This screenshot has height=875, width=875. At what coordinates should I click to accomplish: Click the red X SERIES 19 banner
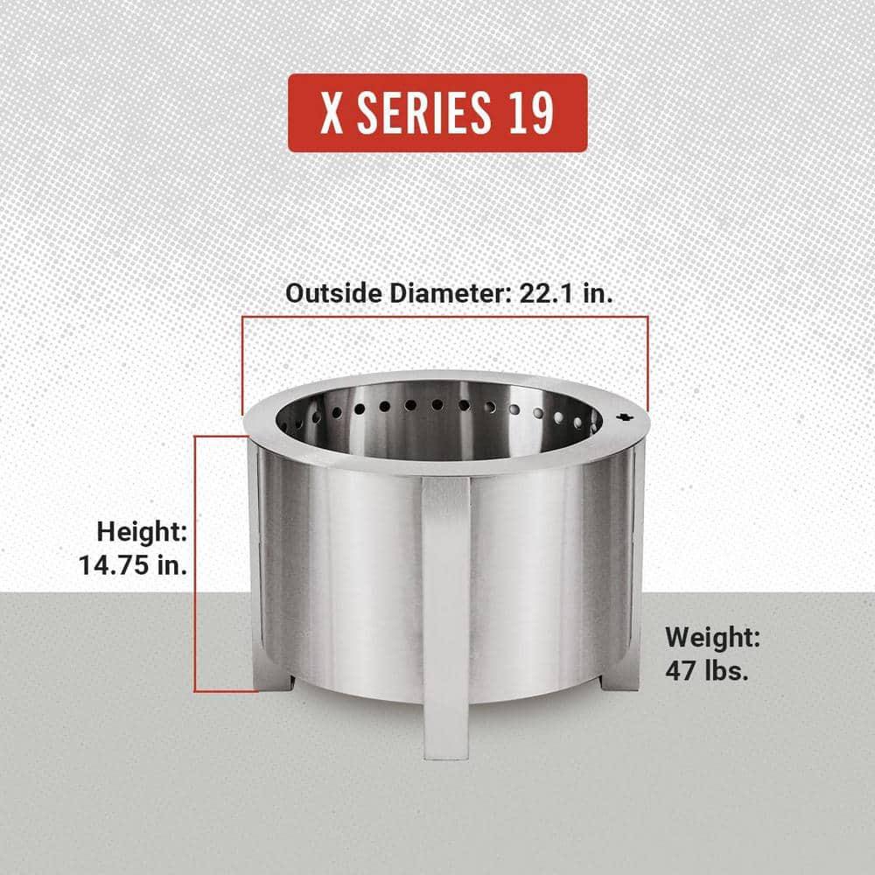click(437, 113)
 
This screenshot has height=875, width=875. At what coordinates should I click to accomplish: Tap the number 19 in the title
click(528, 113)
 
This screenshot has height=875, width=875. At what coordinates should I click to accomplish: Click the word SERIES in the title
click(419, 113)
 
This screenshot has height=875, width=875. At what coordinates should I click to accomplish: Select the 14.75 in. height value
click(134, 564)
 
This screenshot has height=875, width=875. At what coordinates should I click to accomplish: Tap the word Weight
click(712, 636)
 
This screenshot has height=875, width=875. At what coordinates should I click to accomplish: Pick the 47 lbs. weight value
click(707, 673)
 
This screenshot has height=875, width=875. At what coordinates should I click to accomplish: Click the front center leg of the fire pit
click(446, 612)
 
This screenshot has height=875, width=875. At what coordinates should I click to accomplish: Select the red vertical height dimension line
click(196, 560)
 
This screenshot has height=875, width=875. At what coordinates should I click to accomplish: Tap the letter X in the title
click(332, 113)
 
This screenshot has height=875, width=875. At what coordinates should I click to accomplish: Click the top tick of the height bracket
click(219, 434)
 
